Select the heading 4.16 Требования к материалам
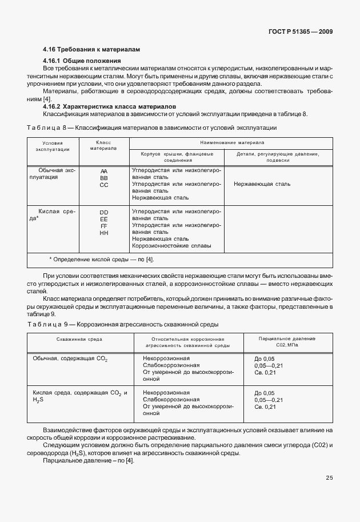(x=91, y=50)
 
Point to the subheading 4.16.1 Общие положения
(x=82, y=61)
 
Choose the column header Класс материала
(x=103, y=145)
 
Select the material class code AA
(x=103, y=171)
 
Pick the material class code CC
(x=103, y=185)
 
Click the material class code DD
(x=103, y=212)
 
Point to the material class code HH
(x=103, y=233)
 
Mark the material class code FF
(x=103, y=226)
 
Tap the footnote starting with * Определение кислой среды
(x=102, y=260)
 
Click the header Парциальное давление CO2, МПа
(x=287, y=342)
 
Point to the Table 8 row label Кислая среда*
(x=56, y=215)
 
